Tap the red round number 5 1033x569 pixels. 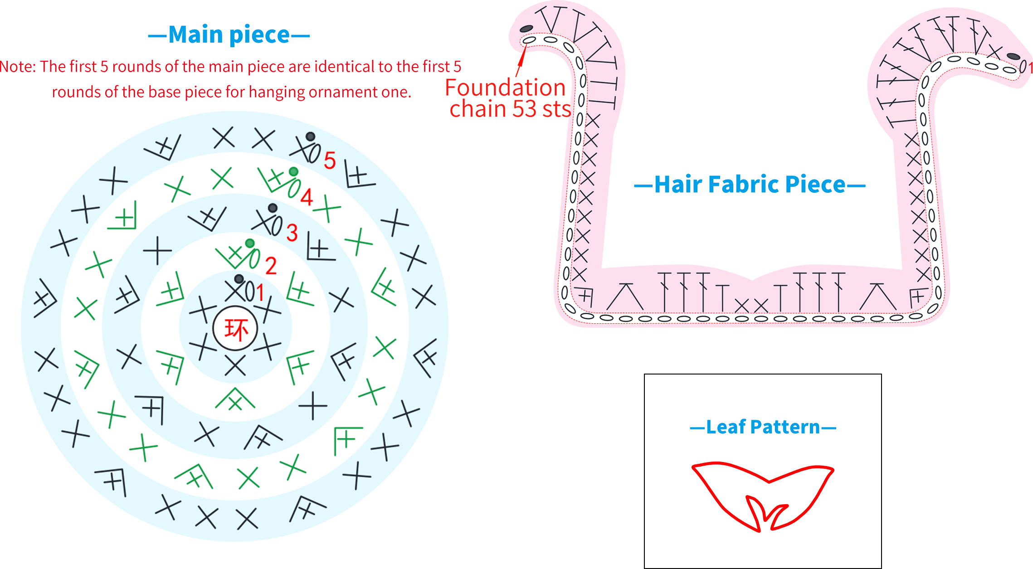click(x=330, y=160)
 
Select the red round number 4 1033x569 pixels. click(x=307, y=197)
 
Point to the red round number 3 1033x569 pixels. click(x=292, y=233)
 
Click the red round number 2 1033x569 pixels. click(x=271, y=266)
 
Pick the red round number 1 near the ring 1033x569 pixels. click(x=260, y=292)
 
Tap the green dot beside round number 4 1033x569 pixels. click(x=294, y=171)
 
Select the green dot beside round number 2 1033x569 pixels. click(x=250, y=243)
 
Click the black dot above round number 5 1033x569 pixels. click(x=310, y=136)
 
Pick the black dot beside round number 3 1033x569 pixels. click(x=273, y=208)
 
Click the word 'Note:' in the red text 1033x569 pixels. click(x=18, y=67)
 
